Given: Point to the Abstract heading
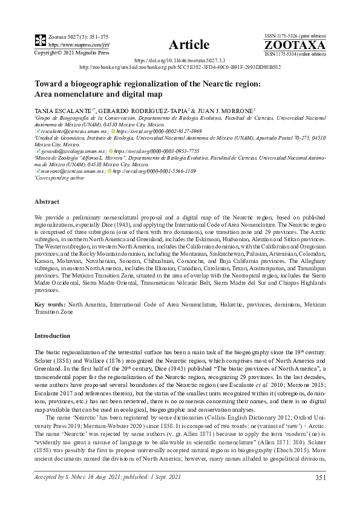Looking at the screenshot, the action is point(47,201).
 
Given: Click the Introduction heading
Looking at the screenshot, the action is point(52,335).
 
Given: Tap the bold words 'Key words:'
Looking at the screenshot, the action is point(50,306).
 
